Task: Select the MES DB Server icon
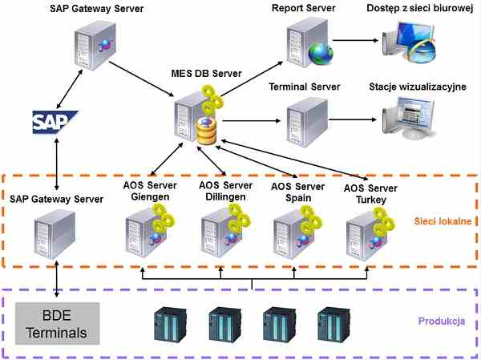click(196, 118)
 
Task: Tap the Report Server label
click(302, 8)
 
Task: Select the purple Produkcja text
click(442, 322)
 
